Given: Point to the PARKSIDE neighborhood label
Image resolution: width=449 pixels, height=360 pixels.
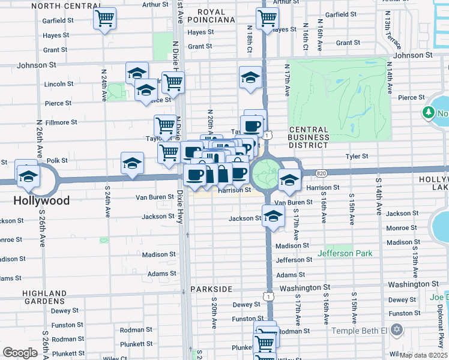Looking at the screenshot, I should (211, 289).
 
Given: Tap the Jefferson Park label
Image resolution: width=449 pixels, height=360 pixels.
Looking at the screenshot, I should (345, 253).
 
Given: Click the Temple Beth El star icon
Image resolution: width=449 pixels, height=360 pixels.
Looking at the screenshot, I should (396, 330).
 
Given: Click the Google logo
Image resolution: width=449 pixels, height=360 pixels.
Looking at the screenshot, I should (20, 352).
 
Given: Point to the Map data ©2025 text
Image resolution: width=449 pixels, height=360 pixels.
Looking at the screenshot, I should (423, 355).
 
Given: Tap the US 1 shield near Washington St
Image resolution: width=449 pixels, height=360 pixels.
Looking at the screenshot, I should (268, 296).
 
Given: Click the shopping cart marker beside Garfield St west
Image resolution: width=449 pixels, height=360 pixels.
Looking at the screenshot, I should (105, 20).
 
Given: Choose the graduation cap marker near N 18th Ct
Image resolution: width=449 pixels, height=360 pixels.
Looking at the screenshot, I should (250, 77).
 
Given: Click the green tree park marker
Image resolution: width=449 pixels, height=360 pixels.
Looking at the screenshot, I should (429, 112).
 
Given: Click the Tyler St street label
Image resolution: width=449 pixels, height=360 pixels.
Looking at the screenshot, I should (356, 156).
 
